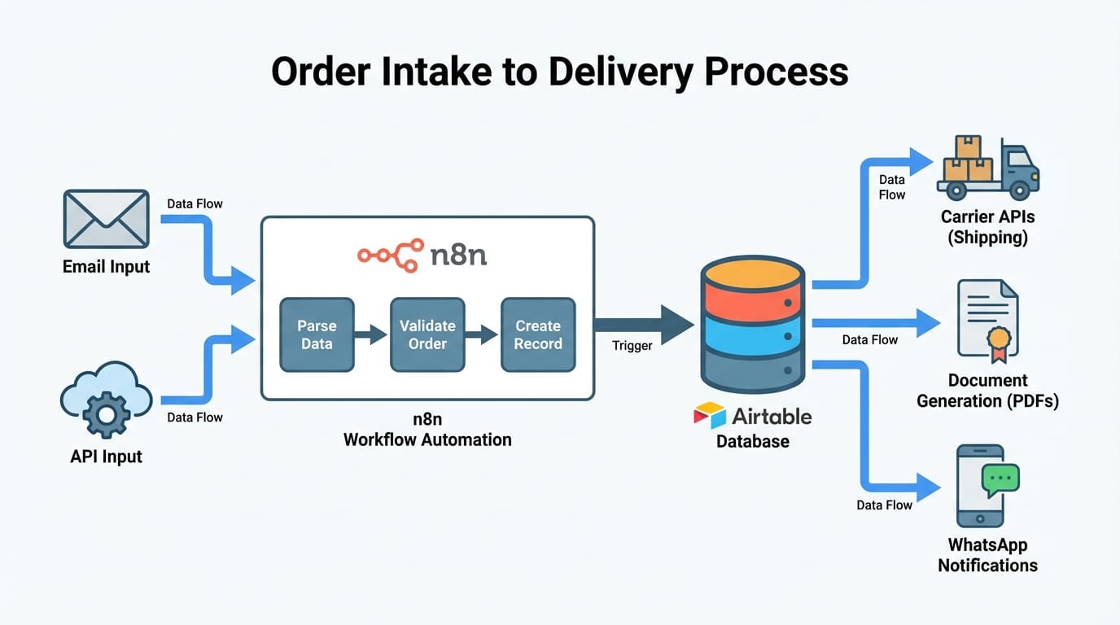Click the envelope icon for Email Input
[x=106, y=219]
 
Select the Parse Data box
[x=317, y=334]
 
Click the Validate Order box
[x=427, y=334]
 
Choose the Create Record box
[x=537, y=334]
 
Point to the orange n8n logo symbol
[x=391, y=255]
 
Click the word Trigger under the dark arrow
[x=632, y=346]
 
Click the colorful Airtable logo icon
[x=709, y=415]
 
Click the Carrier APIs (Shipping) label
[x=987, y=227]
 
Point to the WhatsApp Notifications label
[x=987, y=555]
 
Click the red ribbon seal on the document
[x=999, y=342]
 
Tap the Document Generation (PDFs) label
[x=987, y=391]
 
